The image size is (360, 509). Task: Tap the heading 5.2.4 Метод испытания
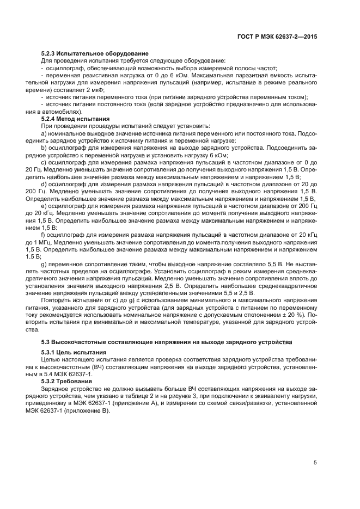[76, 118]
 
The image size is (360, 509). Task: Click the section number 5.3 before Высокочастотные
[46, 341]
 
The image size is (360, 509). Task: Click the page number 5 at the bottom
[315, 463]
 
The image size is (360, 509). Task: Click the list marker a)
[45, 133]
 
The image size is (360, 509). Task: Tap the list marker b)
[45, 148]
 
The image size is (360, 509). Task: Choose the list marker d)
[45, 184]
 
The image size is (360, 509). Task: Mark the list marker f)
[44, 234]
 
